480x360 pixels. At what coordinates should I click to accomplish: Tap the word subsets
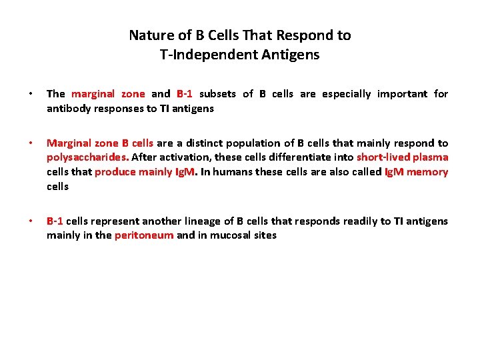pos(217,94)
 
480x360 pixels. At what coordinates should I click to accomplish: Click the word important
pos(403,94)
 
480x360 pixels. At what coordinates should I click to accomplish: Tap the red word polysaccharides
pos(87,157)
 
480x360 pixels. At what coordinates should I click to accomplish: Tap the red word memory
pos(427,172)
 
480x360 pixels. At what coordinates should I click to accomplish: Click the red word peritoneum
pos(144,235)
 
